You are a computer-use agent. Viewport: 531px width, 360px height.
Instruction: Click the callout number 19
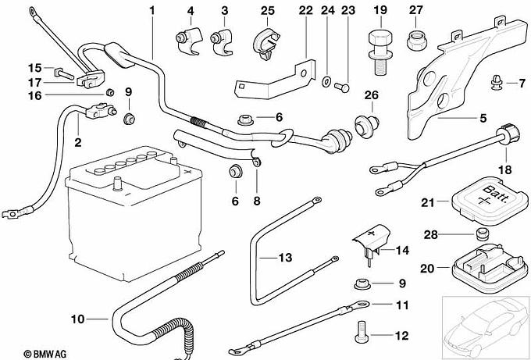380,10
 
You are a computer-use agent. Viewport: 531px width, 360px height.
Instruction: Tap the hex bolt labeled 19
380,52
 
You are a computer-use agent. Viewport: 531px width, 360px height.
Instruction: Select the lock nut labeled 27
416,41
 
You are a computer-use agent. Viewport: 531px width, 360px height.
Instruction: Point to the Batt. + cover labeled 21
490,200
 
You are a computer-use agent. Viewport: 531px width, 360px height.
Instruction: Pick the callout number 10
77,319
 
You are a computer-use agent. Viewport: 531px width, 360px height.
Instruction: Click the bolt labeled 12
361,332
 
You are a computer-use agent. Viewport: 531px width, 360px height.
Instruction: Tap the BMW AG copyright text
45,354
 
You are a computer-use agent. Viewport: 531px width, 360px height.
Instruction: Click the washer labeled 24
326,82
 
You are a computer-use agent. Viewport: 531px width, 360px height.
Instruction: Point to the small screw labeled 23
341,87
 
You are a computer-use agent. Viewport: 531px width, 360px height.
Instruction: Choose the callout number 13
285,258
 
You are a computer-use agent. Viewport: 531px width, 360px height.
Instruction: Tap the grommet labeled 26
367,125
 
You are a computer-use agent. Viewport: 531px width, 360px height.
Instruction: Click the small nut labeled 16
110,92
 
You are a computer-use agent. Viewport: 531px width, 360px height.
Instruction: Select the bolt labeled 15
64,73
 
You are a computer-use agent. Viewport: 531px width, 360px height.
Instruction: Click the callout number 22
306,10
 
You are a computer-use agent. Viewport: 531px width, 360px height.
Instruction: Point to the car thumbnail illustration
485,326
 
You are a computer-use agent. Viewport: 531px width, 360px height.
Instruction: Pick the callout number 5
483,118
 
